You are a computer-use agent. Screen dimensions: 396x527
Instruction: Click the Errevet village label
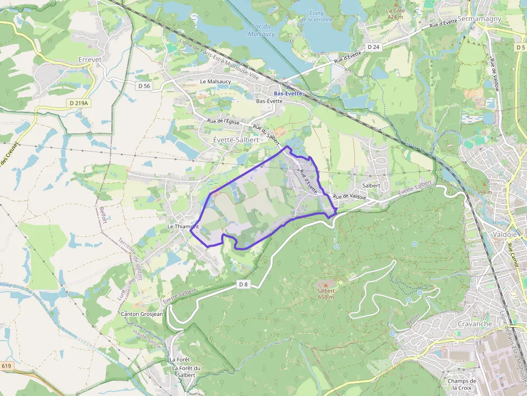[90, 60]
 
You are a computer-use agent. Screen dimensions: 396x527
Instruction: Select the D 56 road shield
[144, 85]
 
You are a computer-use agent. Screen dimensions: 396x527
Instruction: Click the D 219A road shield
[79, 102]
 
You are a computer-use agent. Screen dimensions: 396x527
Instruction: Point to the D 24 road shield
[373, 47]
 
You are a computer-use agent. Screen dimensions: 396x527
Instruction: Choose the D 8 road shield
[244, 284]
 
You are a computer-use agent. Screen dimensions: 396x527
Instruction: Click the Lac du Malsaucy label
[262, 30]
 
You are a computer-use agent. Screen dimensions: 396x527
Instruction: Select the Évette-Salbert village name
[236, 139]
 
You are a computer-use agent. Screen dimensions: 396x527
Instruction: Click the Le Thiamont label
[183, 226]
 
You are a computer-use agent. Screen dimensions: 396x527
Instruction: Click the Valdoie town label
[505, 234]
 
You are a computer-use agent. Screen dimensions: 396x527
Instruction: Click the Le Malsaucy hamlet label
[215, 81]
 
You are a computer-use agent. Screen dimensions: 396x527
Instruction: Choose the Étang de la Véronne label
[316, 17]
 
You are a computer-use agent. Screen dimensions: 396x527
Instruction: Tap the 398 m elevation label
[484, 192]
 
